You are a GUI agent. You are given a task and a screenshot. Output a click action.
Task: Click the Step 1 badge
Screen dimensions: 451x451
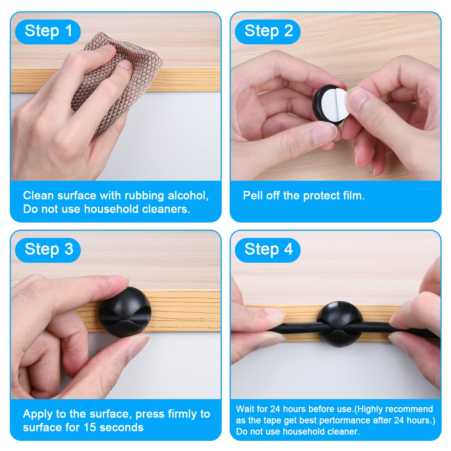tap(48, 32)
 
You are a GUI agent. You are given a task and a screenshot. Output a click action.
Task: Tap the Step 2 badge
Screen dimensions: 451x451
tap(268, 32)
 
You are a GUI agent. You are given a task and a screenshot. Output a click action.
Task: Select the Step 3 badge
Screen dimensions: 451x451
tap(48, 250)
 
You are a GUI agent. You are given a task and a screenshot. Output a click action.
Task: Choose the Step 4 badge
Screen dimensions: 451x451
tap(268, 250)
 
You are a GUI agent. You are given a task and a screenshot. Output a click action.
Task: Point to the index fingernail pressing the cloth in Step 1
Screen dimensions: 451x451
tap(127, 65)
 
